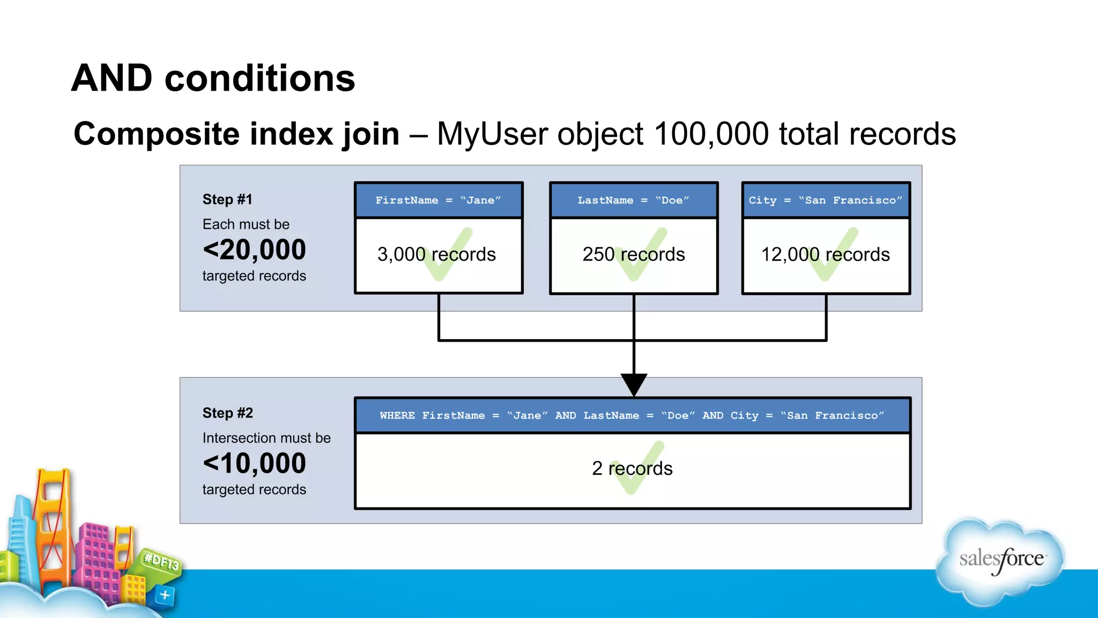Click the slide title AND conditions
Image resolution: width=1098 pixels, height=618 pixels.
tap(213, 78)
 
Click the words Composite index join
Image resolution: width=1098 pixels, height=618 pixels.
tap(236, 134)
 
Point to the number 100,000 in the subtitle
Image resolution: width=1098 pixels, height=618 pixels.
tap(711, 134)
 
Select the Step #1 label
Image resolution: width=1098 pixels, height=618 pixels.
tap(227, 200)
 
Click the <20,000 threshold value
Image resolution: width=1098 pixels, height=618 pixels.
tap(254, 250)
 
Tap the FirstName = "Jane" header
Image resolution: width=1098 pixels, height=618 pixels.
tap(438, 200)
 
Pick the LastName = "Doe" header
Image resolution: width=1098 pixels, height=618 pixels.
tap(633, 200)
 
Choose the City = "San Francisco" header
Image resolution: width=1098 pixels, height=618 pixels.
tap(826, 200)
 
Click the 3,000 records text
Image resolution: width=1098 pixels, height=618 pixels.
tap(436, 254)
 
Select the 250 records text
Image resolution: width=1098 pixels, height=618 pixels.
tap(634, 254)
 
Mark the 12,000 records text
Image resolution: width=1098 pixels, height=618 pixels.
tap(826, 254)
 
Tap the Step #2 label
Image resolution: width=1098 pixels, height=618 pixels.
tap(227, 413)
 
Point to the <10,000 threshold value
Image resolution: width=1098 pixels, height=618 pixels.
tap(254, 464)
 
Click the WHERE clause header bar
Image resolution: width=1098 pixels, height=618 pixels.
tap(632, 415)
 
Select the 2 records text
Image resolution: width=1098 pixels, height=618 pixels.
tap(632, 468)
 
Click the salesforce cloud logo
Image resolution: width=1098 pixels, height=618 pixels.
tap(1000, 561)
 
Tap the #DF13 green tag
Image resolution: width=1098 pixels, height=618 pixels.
tap(161, 562)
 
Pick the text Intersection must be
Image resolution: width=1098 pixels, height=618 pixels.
tap(266, 438)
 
